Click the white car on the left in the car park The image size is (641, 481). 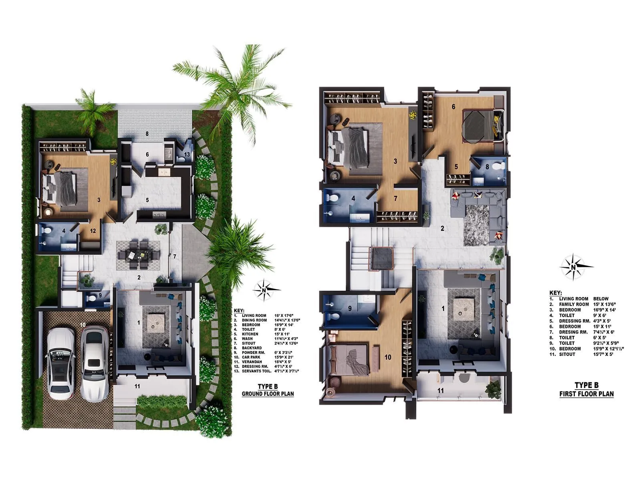pos(60,363)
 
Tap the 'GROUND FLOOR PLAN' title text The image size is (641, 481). pos(268,394)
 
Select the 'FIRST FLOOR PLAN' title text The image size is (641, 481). pos(587,394)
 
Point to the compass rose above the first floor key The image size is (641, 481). pos(574,267)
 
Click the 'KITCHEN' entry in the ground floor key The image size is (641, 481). pos(250,334)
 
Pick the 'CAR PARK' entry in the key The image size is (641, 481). pos(251,357)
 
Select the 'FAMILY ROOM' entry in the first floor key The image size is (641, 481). pos(574,304)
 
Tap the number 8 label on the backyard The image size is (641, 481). pos(147,133)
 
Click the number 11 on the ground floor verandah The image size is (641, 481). pos(137,386)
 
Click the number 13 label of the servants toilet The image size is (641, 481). pos(187,154)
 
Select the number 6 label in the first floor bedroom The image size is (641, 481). pos(454,107)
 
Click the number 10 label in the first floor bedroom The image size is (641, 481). pos(388,357)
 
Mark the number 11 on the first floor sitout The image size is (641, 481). pos(441,390)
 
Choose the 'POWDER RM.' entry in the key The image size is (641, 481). pos(253,353)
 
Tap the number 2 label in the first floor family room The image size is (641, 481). pos(442,228)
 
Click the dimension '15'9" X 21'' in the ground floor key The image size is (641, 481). pos(285,357)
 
